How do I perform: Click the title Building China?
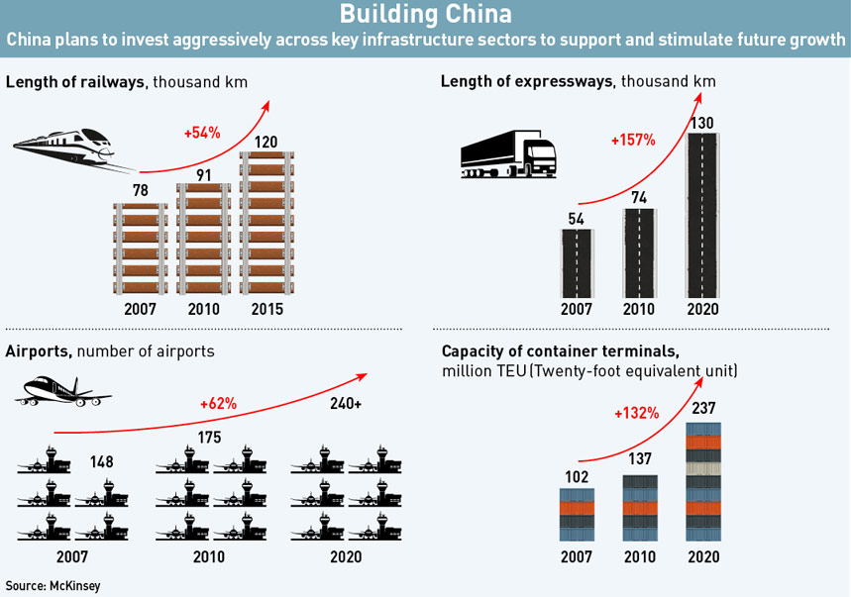coord(426,14)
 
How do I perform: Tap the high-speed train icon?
coord(70,149)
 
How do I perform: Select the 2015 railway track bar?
coord(266,223)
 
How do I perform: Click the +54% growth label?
coord(202,133)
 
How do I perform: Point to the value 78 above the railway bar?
coord(140,190)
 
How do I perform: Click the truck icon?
coord(508,154)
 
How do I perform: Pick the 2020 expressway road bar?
coord(702,215)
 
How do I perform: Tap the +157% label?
coord(633,141)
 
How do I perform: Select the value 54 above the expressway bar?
coord(576,219)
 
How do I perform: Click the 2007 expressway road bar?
coord(577,263)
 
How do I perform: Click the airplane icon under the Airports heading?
coord(63,391)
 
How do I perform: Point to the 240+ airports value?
coord(346,403)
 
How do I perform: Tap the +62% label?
coord(218,404)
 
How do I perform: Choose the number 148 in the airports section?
coord(101,461)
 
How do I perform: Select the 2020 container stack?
coord(703,482)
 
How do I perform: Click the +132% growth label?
coord(637,414)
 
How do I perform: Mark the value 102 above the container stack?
coord(577,476)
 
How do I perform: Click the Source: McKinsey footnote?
coord(53,585)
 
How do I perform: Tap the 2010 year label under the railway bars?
coord(203,309)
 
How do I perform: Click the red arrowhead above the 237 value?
coord(699,382)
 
